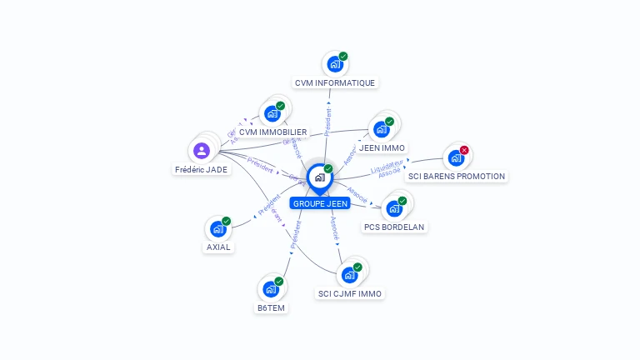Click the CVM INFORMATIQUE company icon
coord(334,63)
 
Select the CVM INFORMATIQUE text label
coord(335,82)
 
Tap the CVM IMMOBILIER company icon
coord(272,113)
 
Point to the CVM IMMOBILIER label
coord(272,132)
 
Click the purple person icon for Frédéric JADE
coord(201,151)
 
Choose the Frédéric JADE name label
coord(201,169)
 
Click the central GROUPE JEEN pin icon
coord(319,177)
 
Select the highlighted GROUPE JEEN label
coord(320,202)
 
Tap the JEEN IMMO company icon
coord(382,129)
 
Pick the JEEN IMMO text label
coord(382,147)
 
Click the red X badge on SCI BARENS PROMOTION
coord(464,150)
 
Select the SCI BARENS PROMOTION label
coord(456,176)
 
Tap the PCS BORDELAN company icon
coord(394,208)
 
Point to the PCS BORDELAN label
coord(394,227)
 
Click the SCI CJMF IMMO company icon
coord(350,274)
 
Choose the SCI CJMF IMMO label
coord(350,293)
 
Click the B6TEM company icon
coord(271,288)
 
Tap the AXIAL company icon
coord(218,228)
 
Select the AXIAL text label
coord(218,247)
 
